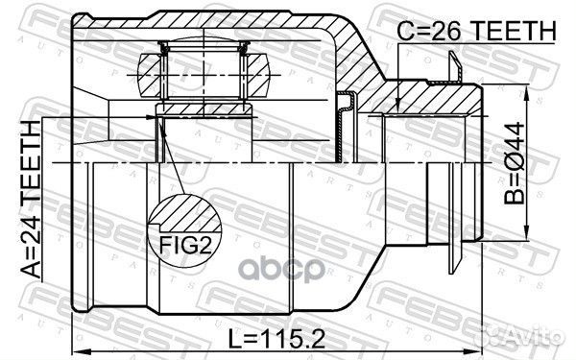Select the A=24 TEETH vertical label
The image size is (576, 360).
[x=32, y=197]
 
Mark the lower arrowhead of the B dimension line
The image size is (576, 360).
[x=528, y=232]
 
